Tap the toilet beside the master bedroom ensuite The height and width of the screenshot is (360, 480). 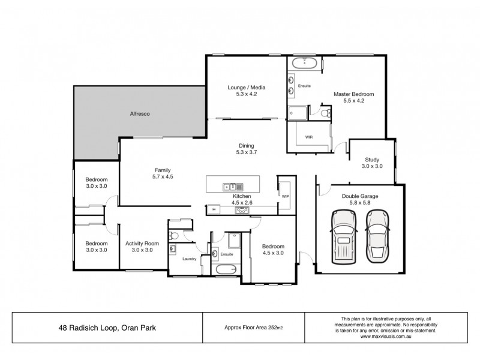point(324,112)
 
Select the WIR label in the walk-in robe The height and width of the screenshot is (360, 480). point(309,137)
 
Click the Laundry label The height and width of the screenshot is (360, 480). point(190,259)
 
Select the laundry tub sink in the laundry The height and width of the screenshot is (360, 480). point(173,248)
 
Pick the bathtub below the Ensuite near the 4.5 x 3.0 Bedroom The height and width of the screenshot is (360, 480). point(226,271)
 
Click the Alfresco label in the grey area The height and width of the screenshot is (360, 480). point(140,113)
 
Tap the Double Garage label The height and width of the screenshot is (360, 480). point(360,196)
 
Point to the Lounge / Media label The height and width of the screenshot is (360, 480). point(246,88)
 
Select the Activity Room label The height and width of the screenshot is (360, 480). point(142,243)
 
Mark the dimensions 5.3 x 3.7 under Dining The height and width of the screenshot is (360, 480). point(246,153)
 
